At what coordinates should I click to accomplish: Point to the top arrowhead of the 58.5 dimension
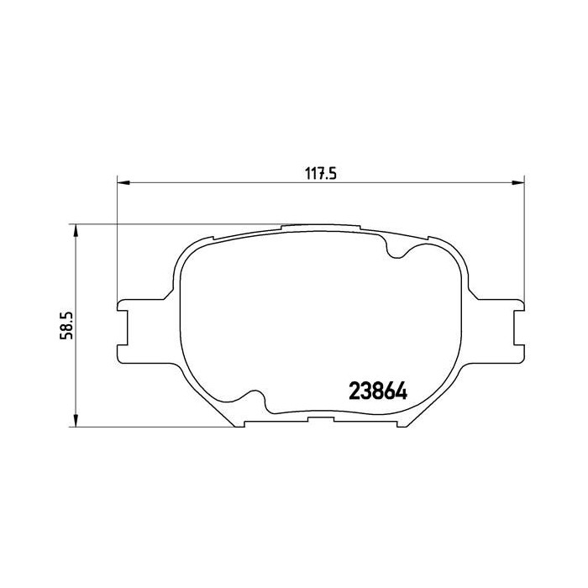coord(76,230)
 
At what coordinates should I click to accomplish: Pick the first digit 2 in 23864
coord(354,392)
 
